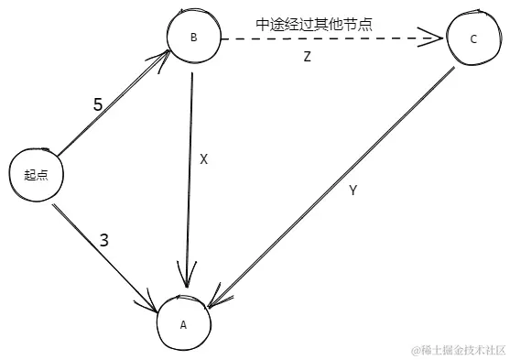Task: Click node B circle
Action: (195, 38)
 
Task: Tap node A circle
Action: (185, 323)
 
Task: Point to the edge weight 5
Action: (98, 104)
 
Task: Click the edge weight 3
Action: (103, 241)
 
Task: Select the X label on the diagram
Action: (204, 158)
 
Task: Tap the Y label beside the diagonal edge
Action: (353, 191)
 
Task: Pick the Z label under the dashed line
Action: (308, 58)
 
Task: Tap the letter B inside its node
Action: (193, 38)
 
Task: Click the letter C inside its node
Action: (472, 39)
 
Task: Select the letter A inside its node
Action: (183, 324)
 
